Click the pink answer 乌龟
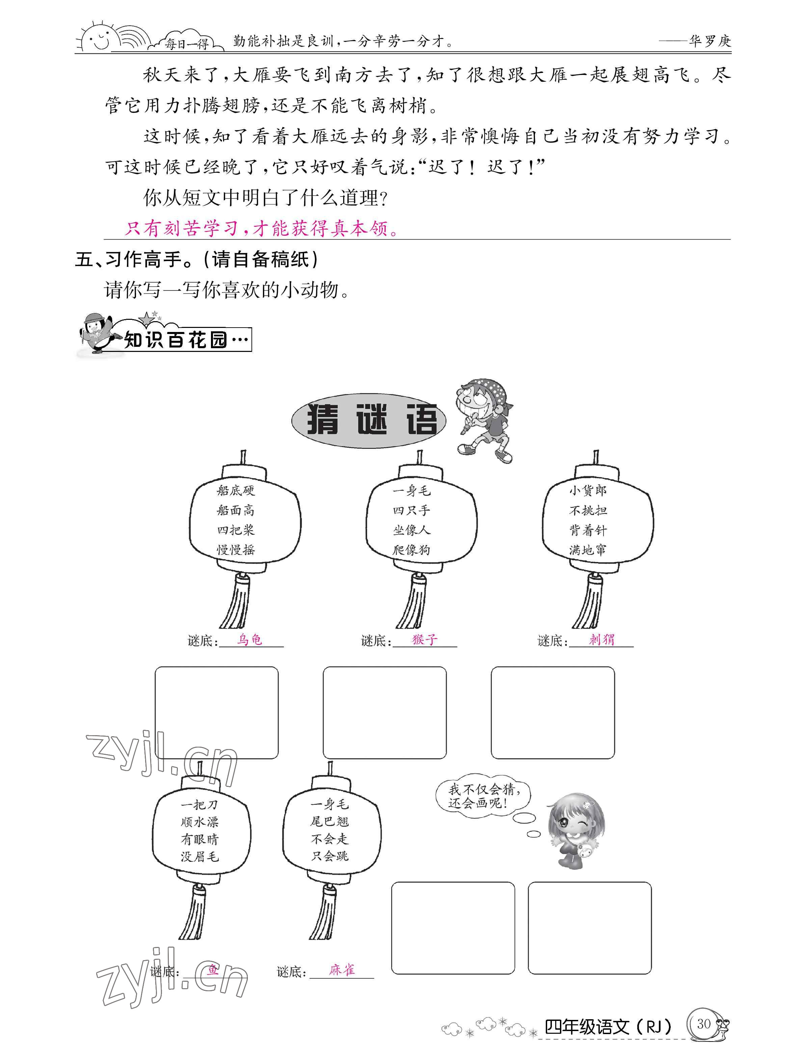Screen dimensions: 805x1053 click(250, 639)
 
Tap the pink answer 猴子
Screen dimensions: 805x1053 click(425, 639)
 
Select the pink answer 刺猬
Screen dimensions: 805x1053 click(601, 639)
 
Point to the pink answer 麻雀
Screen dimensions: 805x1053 click(342, 970)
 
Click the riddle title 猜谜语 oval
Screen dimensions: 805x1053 click(369, 420)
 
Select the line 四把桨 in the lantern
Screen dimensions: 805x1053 click(236, 530)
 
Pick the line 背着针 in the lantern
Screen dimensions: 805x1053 click(588, 530)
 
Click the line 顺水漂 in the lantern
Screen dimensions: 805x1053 click(199, 822)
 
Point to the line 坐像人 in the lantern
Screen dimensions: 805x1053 click(411, 530)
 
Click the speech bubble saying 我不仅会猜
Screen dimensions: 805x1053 click(483, 796)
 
